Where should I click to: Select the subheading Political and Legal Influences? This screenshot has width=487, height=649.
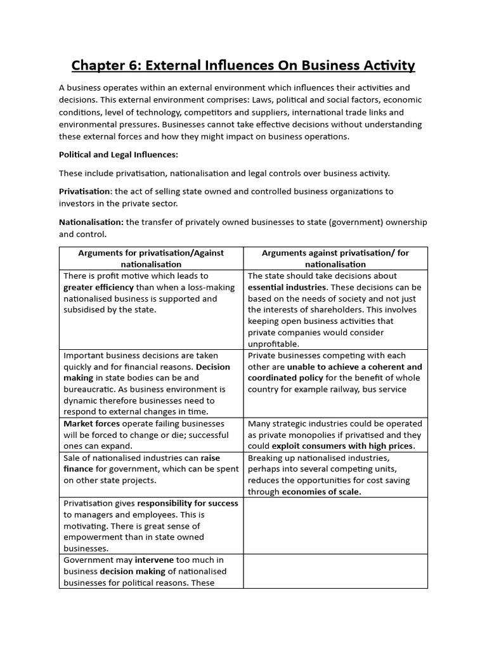coord(119,155)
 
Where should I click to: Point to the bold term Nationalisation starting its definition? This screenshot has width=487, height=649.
coord(91,222)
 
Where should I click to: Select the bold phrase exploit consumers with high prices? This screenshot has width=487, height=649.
coord(343,446)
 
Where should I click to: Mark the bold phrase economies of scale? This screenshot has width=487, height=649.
coord(321,492)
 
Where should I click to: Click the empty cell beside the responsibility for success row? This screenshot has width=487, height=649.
coord(335,525)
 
